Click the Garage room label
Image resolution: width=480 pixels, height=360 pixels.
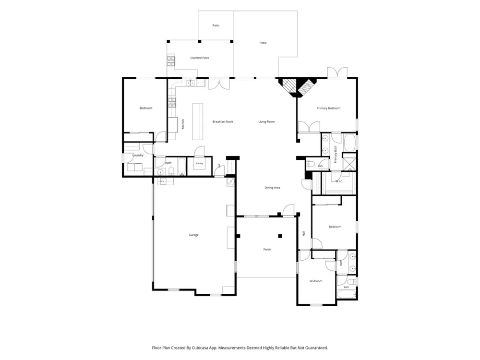(193, 235)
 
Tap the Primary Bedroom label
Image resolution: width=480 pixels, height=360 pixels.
(328, 108)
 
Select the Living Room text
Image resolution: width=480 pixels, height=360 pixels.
(266, 122)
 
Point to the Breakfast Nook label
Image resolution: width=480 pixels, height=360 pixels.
(223, 122)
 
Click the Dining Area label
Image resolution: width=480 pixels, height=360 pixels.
(272, 188)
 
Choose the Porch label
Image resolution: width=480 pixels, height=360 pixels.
(267, 250)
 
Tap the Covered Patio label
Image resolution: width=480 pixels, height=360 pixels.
(200, 58)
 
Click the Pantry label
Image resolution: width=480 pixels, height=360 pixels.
(200, 164)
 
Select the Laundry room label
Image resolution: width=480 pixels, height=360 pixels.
(138, 156)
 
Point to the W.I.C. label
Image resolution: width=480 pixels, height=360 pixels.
(339, 181)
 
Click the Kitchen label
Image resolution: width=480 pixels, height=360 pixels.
(183, 124)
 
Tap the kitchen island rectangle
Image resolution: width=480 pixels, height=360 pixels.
(198, 121)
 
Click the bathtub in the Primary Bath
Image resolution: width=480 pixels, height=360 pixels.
(349, 143)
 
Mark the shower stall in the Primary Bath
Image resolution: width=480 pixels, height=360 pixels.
(349, 161)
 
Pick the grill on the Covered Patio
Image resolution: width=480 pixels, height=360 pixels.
(171, 60)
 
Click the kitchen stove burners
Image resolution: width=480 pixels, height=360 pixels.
(172, 103)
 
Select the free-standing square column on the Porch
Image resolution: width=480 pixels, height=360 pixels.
(280, 236)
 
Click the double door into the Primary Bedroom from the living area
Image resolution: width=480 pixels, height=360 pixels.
(309, 127)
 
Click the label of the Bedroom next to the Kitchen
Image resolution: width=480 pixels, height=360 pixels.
(146, 108)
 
